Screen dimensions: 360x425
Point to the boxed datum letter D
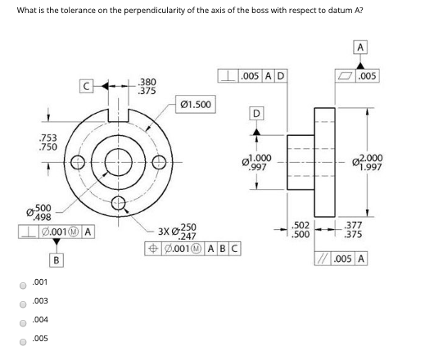click(256, 112)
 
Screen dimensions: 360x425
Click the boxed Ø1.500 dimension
click(195, 105)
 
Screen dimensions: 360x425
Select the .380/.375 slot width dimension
click(147, 86)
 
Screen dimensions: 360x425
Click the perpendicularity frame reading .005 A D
click(252, 77)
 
